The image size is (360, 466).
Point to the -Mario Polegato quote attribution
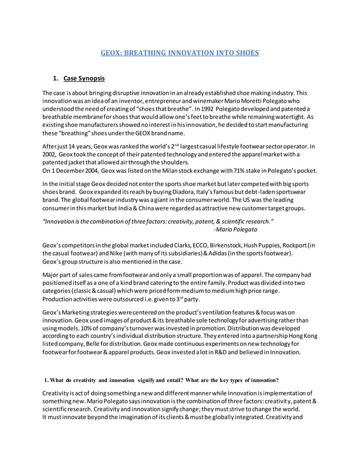236,230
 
